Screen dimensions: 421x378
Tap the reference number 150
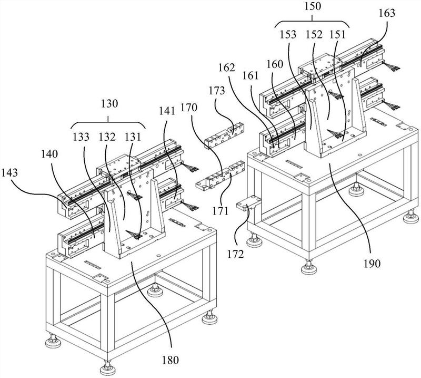click(x=313, y=6)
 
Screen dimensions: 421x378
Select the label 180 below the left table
click(x=170, y=360)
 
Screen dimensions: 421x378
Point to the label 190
click(x=372, y=264)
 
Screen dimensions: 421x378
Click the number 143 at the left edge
click(x=9, y=172)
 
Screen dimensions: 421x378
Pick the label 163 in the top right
click(x=387, y=13)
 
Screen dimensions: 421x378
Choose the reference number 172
click(x=235, y=254)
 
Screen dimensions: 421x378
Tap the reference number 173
click(x=217, y=91)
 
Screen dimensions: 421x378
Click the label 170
click(x=189, y=108)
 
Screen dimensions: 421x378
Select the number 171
click(x=220, y=211)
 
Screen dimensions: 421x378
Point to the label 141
click(x=166, y=111)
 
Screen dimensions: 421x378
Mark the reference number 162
click(x=227, y=67)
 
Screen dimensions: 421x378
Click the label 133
click(x=81, y=137)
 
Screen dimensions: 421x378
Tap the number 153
click(x=288, y=34)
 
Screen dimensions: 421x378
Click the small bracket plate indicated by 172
click(x=248, y=203)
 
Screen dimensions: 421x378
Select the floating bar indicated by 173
click(x=225, y=135)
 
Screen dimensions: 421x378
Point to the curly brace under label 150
click(x=312, y=22)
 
